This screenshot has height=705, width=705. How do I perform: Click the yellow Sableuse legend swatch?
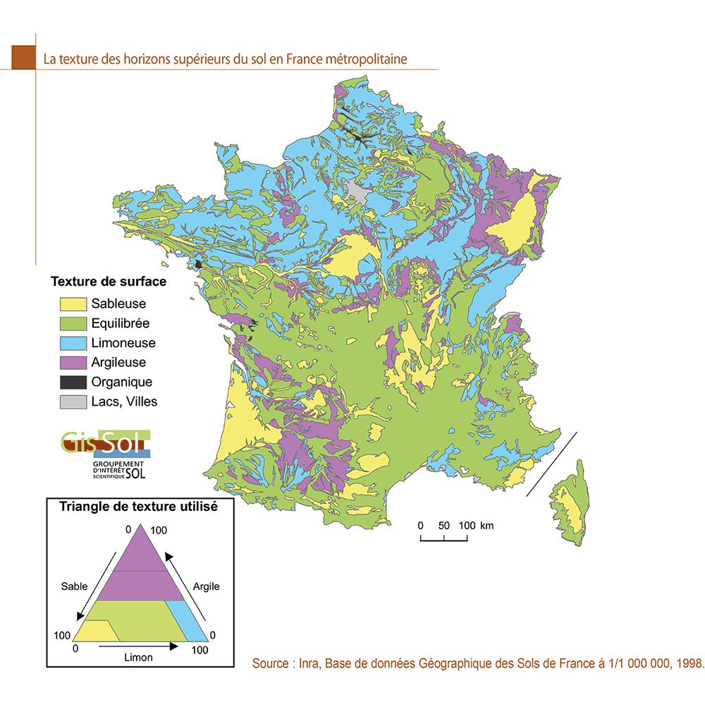tap(71, 304)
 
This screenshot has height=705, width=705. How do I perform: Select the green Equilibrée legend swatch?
tap(71, 324)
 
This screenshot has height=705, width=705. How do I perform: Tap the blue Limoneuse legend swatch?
tap(71, 344)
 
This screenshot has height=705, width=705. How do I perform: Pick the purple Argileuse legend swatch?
tap(71, 363)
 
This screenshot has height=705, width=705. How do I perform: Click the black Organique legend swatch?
tap(71, 382)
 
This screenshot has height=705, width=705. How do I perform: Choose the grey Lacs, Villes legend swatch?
tap(71, 402)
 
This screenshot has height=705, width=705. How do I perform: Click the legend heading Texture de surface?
tap(109, 282)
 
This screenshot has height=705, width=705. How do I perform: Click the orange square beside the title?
tap(23, 58)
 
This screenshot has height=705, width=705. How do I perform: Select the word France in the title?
tap(304, 59)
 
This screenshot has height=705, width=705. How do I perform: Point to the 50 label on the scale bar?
tap(444, 526)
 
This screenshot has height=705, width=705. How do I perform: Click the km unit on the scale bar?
tap(486, 526)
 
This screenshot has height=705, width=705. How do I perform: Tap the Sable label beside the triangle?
tap(74, 586)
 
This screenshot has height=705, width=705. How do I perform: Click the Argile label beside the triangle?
tap(206, 586)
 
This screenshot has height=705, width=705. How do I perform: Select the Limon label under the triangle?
tap(138, 657)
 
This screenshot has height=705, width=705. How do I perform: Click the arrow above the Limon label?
tap(138, 645)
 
